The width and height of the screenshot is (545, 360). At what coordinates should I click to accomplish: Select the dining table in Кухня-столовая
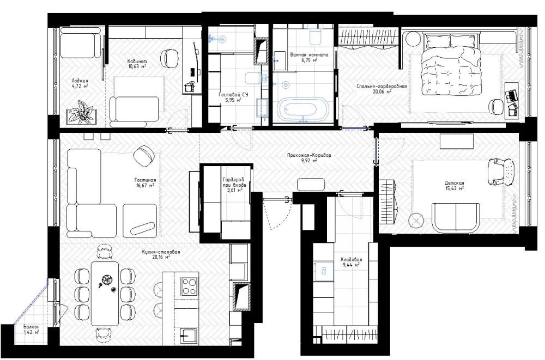[x=105, y=293]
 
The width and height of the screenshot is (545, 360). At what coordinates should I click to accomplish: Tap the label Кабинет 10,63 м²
[x=137, y=64]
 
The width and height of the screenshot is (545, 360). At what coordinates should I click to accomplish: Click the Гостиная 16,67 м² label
[x=145, y=183]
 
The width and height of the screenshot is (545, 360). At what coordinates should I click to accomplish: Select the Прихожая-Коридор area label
[x=309, y=158]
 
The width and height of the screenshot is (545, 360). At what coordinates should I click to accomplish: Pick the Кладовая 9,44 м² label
[x=351, y=262]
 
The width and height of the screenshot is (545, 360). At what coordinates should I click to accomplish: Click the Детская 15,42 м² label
[x=455, y=186]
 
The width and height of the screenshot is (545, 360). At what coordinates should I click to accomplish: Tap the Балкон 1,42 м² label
[x=31, y=330]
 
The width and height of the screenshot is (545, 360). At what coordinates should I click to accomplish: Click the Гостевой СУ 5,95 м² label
[x=233, y=97]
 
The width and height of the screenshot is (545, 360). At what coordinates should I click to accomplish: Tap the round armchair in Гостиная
[x=144, y=155]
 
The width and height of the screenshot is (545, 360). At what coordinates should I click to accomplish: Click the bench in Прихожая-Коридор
[x=311, y=184]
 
